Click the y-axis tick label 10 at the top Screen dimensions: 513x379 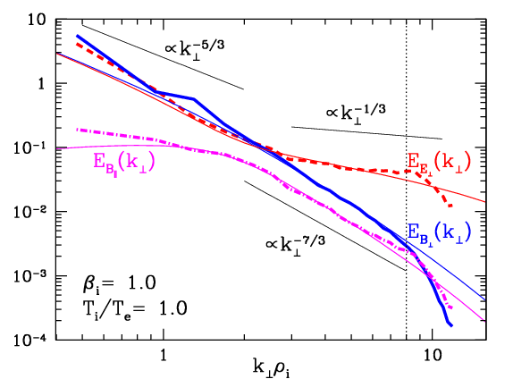click(36, 21)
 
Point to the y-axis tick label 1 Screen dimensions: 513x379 click(41, 84)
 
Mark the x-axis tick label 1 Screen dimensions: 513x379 click(163, 355)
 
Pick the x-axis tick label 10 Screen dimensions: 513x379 click(433, 355)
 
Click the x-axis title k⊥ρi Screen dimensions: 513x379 click(271, 366)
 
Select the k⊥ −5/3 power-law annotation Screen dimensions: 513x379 click(194, 50)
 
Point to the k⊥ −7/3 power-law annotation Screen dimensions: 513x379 click(296, 245)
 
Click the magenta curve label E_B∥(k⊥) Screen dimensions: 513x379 click(124, 163)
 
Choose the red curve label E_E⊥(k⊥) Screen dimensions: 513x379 click(440, 163)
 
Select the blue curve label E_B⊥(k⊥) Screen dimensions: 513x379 click(440, 232)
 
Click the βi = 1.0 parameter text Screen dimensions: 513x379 click(119, 283)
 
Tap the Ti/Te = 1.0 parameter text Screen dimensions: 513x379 click(134, 309)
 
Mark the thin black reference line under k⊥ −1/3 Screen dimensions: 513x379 click(366, 133)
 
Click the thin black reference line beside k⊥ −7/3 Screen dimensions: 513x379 click(325, 225)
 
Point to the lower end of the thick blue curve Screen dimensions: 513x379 click(451, 325)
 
